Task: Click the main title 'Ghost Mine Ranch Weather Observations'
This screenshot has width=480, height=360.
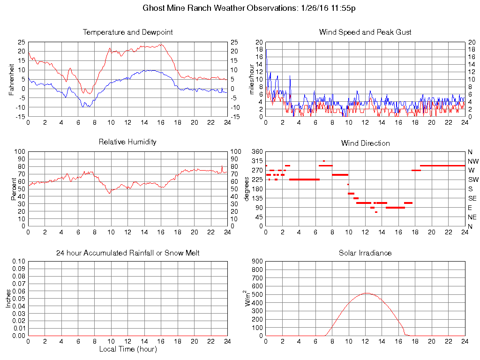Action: pyautogui.click(x=217, y=8)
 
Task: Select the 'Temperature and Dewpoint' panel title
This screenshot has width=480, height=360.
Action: pyautogui.click(x=127, y=32)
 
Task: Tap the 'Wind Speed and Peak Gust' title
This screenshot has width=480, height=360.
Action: pyautogui.click(x=365, y=32)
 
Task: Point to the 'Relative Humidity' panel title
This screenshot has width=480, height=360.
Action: pyautogui.click(x=127, y=142)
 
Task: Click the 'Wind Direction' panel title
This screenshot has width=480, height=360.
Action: pyautogui.click(x=365, y=143)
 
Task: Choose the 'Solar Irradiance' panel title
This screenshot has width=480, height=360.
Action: pyautogui.click(x=365, y=253)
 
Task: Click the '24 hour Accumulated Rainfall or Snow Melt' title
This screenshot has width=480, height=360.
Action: pyautogui.click(x=127, y=253)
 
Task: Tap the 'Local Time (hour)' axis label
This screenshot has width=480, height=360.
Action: pyautogui.click(x=127, y=349)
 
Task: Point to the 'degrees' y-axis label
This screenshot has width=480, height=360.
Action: pyautogui.click(x=247, y=189)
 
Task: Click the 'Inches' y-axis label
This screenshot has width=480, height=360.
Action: pyautogui.click(x=8, y=299)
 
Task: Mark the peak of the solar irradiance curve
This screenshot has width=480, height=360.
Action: pyautogui.click(x=366, y=293)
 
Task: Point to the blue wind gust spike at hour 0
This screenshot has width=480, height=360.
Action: pyautogui.click(x=266, y=50)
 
